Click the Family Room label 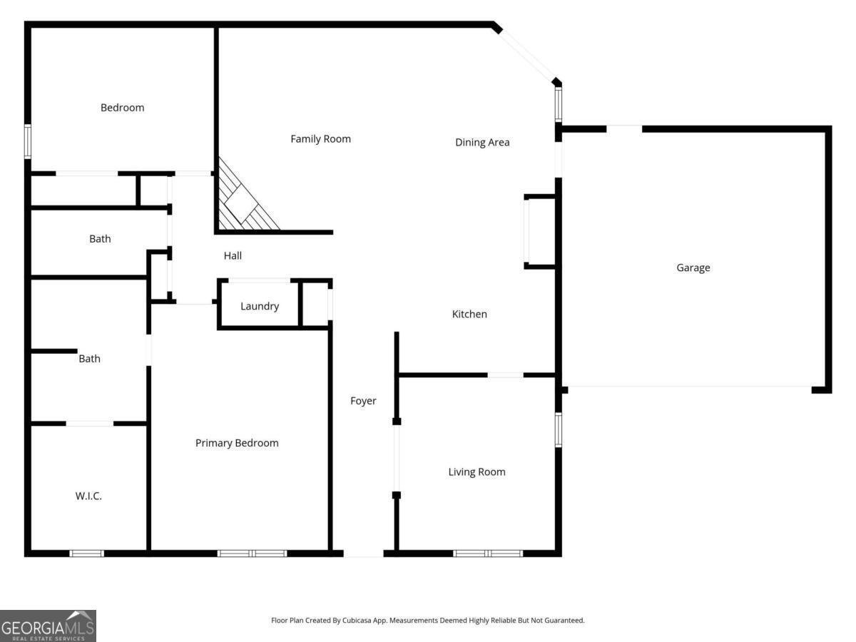click(320, 139)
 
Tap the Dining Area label click(482, 142)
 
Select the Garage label click(693, 268)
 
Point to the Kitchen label click(469, 314)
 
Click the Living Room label click(477, 472)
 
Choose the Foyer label click(362, 401)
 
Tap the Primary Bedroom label click(237, 443)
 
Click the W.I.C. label click(88, 496)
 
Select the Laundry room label click(259, 306)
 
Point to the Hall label click(233, 255)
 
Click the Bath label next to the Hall click(100, 239)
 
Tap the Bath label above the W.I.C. click(89, 359)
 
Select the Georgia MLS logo click(48, 626)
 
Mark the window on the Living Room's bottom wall click(488, 553)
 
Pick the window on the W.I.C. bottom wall click(86, 553)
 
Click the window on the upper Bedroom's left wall click(28, 141)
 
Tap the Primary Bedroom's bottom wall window click(252, 553)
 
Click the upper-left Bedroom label click(122, 108)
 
